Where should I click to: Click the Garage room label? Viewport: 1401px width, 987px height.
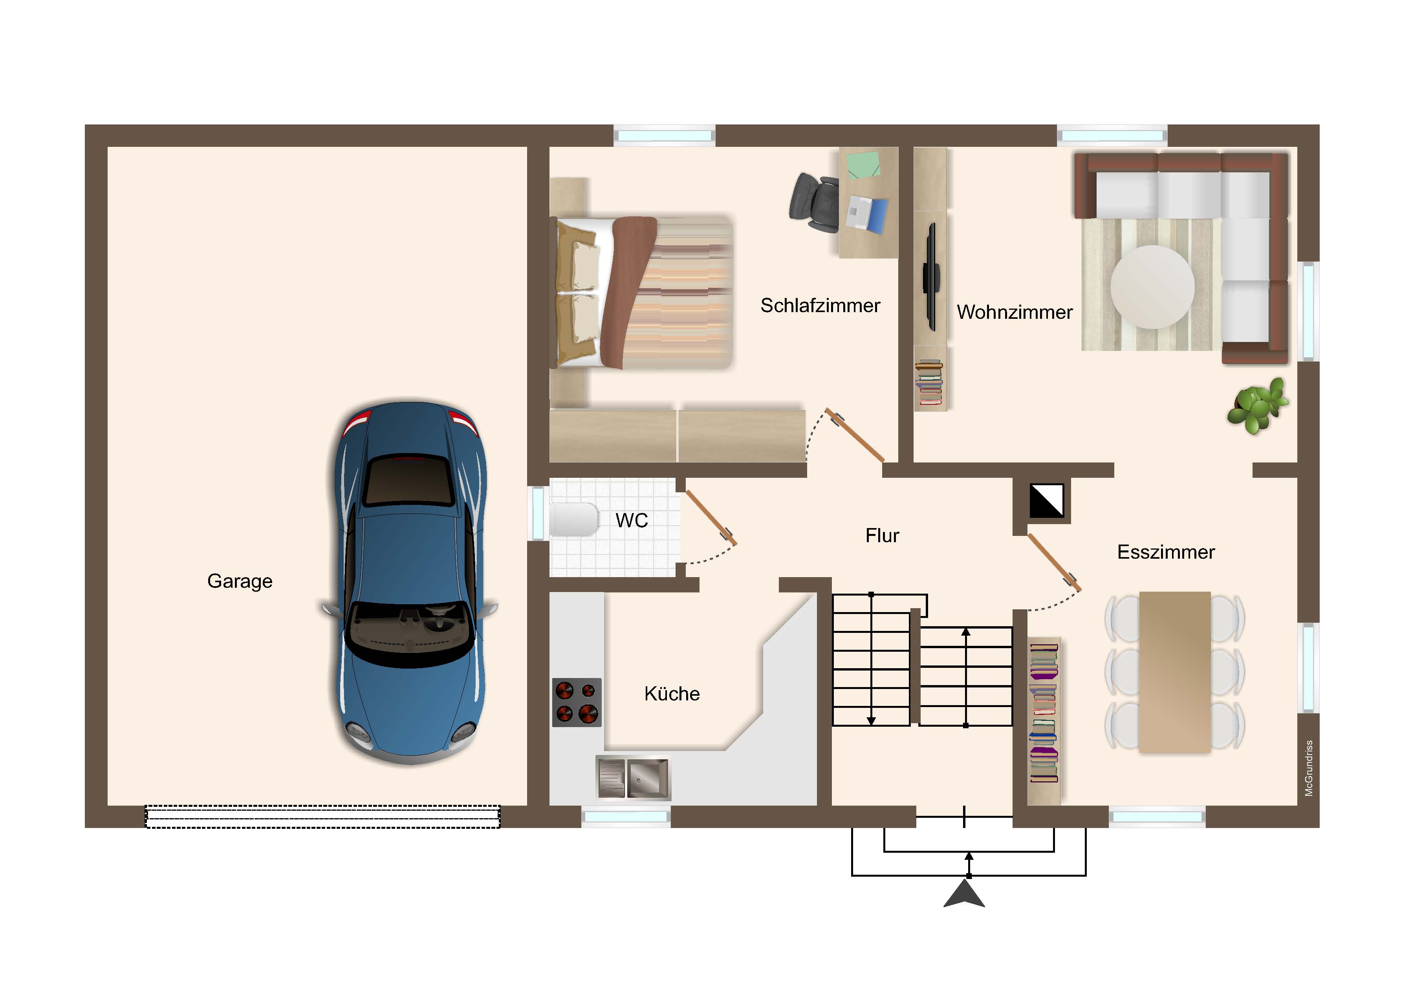pos(240,581)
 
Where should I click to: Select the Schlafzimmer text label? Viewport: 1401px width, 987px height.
pos(820,305)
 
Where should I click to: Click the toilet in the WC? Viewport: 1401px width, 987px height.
pos(573,519)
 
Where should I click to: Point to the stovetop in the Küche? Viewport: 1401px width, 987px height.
pos(577,702)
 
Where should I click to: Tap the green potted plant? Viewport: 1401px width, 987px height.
pos(1258,406)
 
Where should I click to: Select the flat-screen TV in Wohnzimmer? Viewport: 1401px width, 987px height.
pos(930,276)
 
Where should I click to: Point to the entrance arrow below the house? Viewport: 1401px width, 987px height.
pos(964,894)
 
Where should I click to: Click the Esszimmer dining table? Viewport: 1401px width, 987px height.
pos(1175,672)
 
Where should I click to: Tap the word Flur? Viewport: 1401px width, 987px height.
pos(882,536)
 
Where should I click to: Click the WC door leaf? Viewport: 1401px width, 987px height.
pos(711,518)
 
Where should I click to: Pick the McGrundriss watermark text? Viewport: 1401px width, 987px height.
pos(1309,769)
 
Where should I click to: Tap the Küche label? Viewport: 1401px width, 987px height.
pos(672,694)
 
